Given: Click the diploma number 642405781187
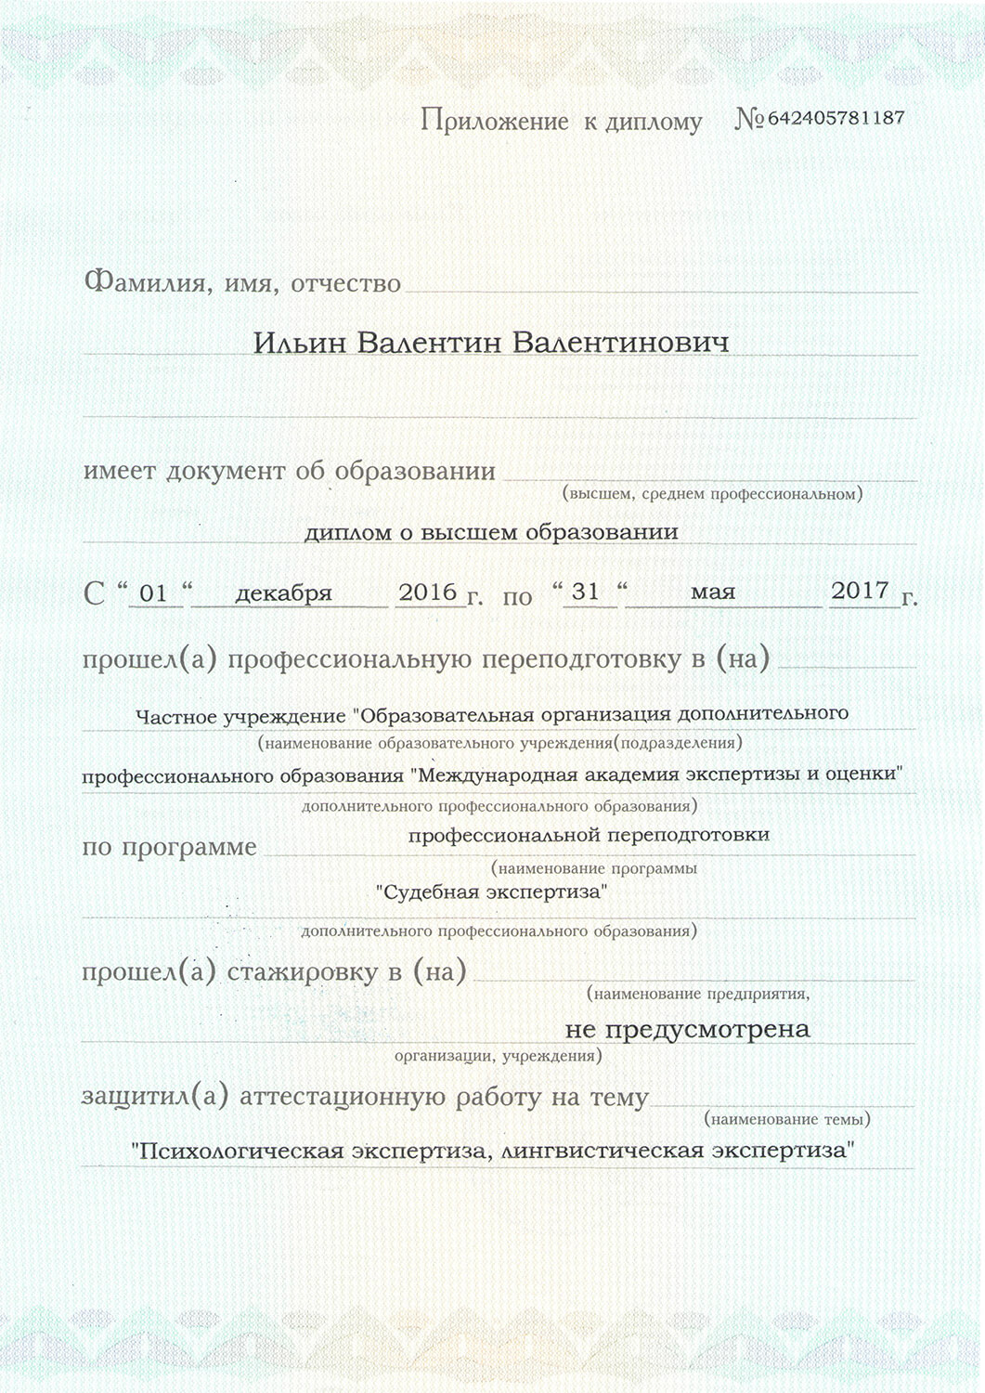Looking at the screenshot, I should (836, 118).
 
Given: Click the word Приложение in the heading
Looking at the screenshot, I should (494, 121).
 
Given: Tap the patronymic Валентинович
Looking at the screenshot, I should (620, 343).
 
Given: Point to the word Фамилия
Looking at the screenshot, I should (144, 282).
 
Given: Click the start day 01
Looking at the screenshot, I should (153, 592).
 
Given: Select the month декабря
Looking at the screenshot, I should (283, 592).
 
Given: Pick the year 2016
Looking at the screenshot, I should (428, 592).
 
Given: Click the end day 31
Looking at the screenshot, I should (586, 592).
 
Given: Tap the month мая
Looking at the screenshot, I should (713, 592).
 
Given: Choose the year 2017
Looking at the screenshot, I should (860, 591).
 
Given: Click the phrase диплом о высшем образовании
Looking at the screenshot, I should (491, 532).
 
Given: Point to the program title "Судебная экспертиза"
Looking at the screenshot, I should (492, 892).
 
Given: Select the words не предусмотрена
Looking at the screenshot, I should (687, 1029).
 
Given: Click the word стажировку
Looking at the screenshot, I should (303, 972).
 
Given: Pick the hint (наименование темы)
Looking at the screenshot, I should (787, 1119).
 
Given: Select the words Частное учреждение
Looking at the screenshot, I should (240, 717).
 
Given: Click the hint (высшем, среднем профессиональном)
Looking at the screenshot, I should (712, 494).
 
